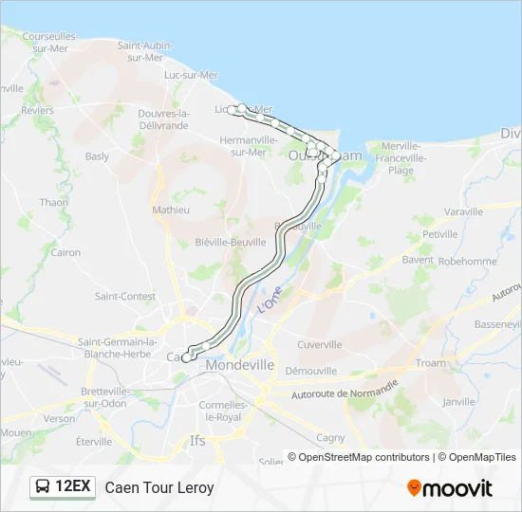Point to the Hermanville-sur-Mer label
[x=249, y=146]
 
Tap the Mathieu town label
[x=171, y=210]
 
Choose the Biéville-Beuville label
[x=230, y=242]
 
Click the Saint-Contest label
[x=125, y=296]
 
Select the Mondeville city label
[x=239, y=365]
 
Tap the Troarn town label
[x=430, y=363]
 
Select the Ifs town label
[x=197, y=440]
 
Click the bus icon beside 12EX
[x=43, y=487]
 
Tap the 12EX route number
[x=73, y=487]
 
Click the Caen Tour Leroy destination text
[x=159, y=488]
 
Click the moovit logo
[x=450, y=488]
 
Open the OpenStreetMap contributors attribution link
[x=364, y=457]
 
